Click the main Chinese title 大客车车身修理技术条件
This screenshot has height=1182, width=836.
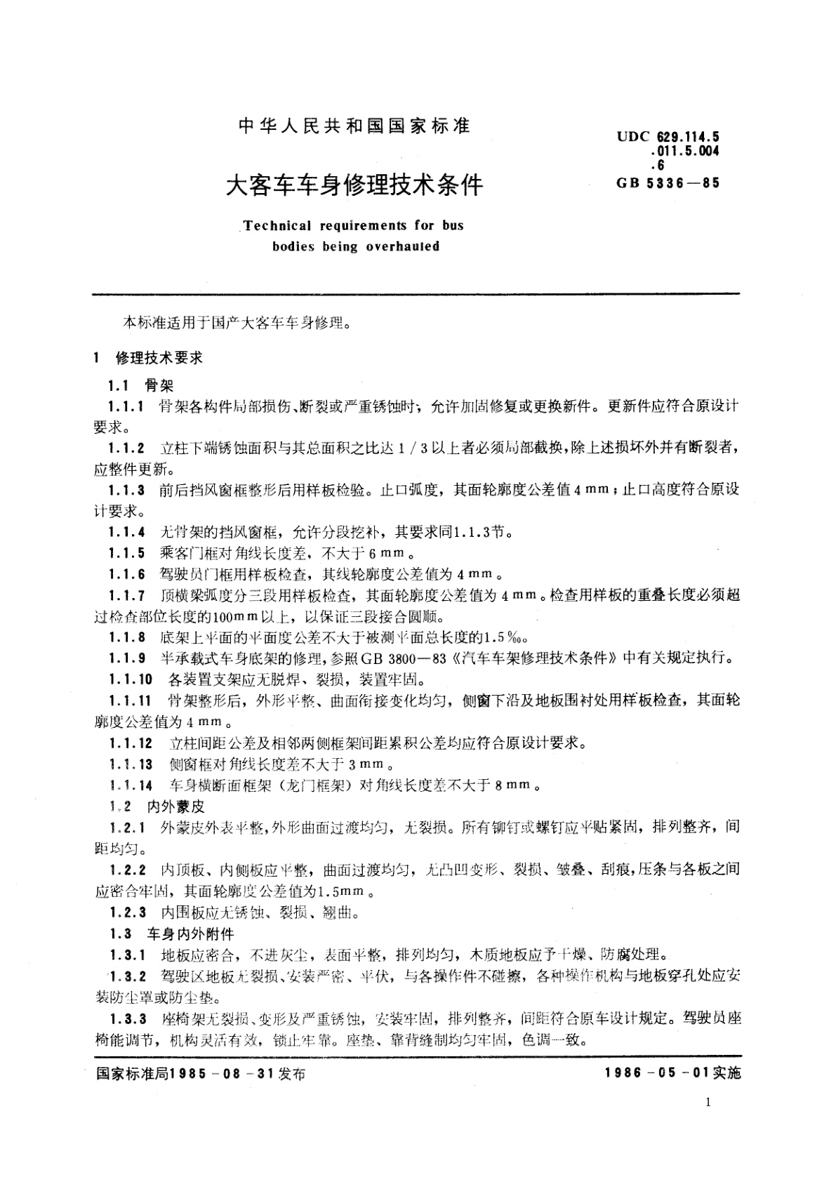(x=354, y=185)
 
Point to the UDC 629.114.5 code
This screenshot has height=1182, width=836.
(x=668, y=136)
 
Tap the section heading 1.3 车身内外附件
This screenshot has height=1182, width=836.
(x=171, y=934)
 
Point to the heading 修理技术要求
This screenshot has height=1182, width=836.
(x=159, y=358)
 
